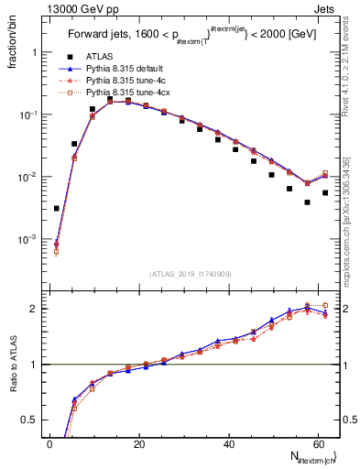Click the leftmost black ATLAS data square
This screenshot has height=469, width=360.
(57, 209)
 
